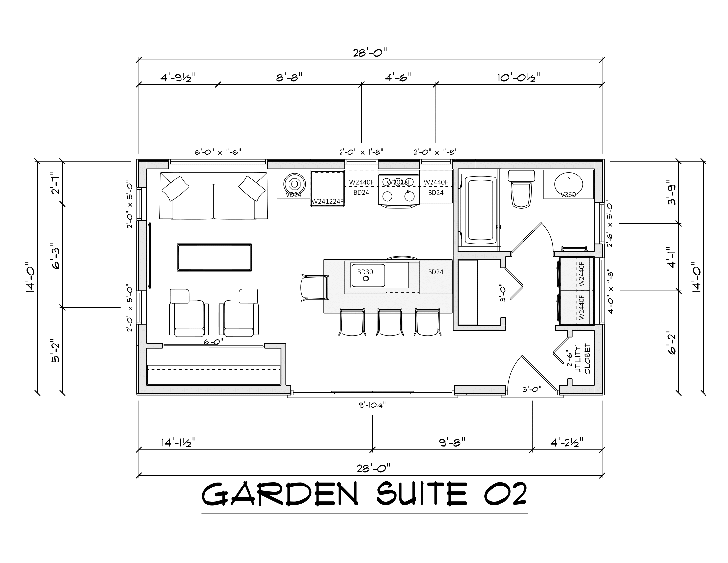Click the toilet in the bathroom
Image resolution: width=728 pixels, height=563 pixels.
tap(521, 192)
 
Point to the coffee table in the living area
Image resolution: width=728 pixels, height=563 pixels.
tap(214, 257)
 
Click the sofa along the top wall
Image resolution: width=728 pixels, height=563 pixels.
tap(213, 197)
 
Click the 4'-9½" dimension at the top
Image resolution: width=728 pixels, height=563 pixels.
tap(178, 78)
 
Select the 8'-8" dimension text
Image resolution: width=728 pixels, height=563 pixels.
tap(289, 77)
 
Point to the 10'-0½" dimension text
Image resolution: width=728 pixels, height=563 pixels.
tap(519, 78)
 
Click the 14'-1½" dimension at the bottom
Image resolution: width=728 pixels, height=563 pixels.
tap(179, 442)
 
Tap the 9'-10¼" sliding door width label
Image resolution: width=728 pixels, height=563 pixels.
tap(372, 405)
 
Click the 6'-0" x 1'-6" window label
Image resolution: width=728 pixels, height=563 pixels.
tap(218, 152)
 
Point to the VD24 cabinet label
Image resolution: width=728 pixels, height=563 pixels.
tap(293, 195)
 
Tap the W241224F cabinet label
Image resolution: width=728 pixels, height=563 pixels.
tap(327, 201)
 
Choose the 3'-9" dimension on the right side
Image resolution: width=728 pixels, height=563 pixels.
tap(672, 192)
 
